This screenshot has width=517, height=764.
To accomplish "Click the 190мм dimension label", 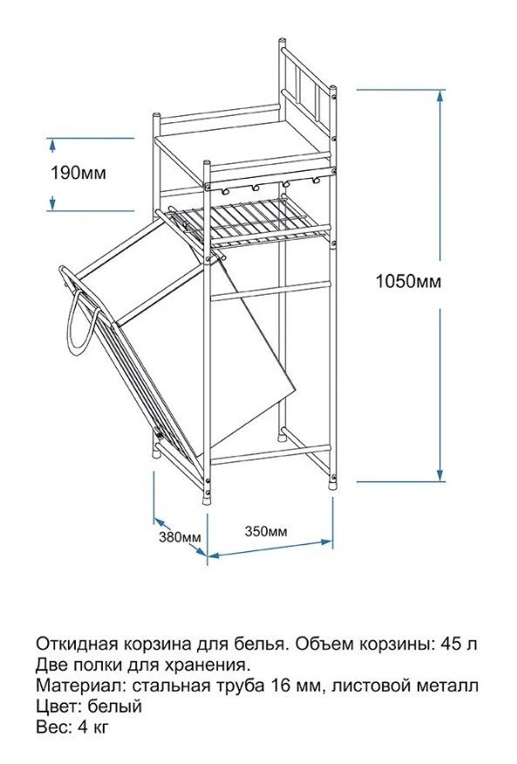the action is [x=78, y=173].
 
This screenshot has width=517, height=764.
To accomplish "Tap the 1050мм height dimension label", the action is [x=408, y=282].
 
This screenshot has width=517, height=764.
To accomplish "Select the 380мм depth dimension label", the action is [x=180, y=537].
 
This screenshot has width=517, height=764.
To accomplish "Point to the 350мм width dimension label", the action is [x=266, y=530].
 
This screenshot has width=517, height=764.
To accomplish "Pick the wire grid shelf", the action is [x=248, y=221].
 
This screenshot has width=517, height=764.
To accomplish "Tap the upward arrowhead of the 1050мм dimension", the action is [x=440, y=96].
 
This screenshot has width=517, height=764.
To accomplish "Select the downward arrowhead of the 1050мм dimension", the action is [x=440, y=475].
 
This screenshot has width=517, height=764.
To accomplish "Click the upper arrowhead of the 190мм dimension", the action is [x=52, y=144].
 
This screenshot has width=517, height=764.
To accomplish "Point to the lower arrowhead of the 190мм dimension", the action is [x=52, y=204].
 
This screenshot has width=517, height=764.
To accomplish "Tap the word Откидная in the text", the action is [x=76, y=644].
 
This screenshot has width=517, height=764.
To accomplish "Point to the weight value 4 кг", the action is [x=92, y=727].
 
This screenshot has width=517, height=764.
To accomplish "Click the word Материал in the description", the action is [x=79, y=686].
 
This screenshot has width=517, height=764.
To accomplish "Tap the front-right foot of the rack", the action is [x=333, y=483].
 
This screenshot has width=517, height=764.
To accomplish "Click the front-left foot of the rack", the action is [x=207, y=499].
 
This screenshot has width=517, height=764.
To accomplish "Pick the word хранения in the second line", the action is [x=208, y=665].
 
